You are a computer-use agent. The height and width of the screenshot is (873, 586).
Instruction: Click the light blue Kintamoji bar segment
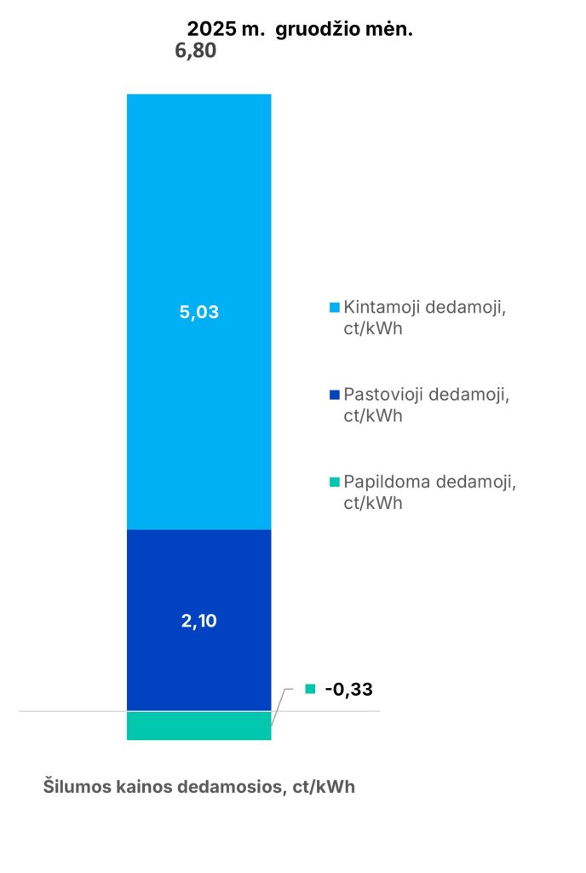(x=198, y=213)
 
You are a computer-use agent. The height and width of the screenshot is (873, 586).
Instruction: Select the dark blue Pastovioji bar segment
(x=198, y=580)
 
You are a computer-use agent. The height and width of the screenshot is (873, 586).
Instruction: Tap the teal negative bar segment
(x=198, y=726)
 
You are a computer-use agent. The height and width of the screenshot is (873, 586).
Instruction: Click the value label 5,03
(x=198, y=312)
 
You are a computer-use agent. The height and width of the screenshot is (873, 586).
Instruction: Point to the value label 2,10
(x=198, y=621)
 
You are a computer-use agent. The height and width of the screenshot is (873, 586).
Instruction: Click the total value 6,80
(x=195, y=51)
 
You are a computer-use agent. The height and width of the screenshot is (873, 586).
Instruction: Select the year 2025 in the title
(x=201, y=29)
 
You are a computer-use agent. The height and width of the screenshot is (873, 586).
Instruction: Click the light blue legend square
(x=333, y=307)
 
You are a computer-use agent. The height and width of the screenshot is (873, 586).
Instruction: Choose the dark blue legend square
(x=333, y=395)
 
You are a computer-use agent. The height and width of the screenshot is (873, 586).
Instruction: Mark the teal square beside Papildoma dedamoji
(x=333, y=482)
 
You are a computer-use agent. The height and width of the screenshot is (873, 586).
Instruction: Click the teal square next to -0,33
(x=310, y=689)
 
